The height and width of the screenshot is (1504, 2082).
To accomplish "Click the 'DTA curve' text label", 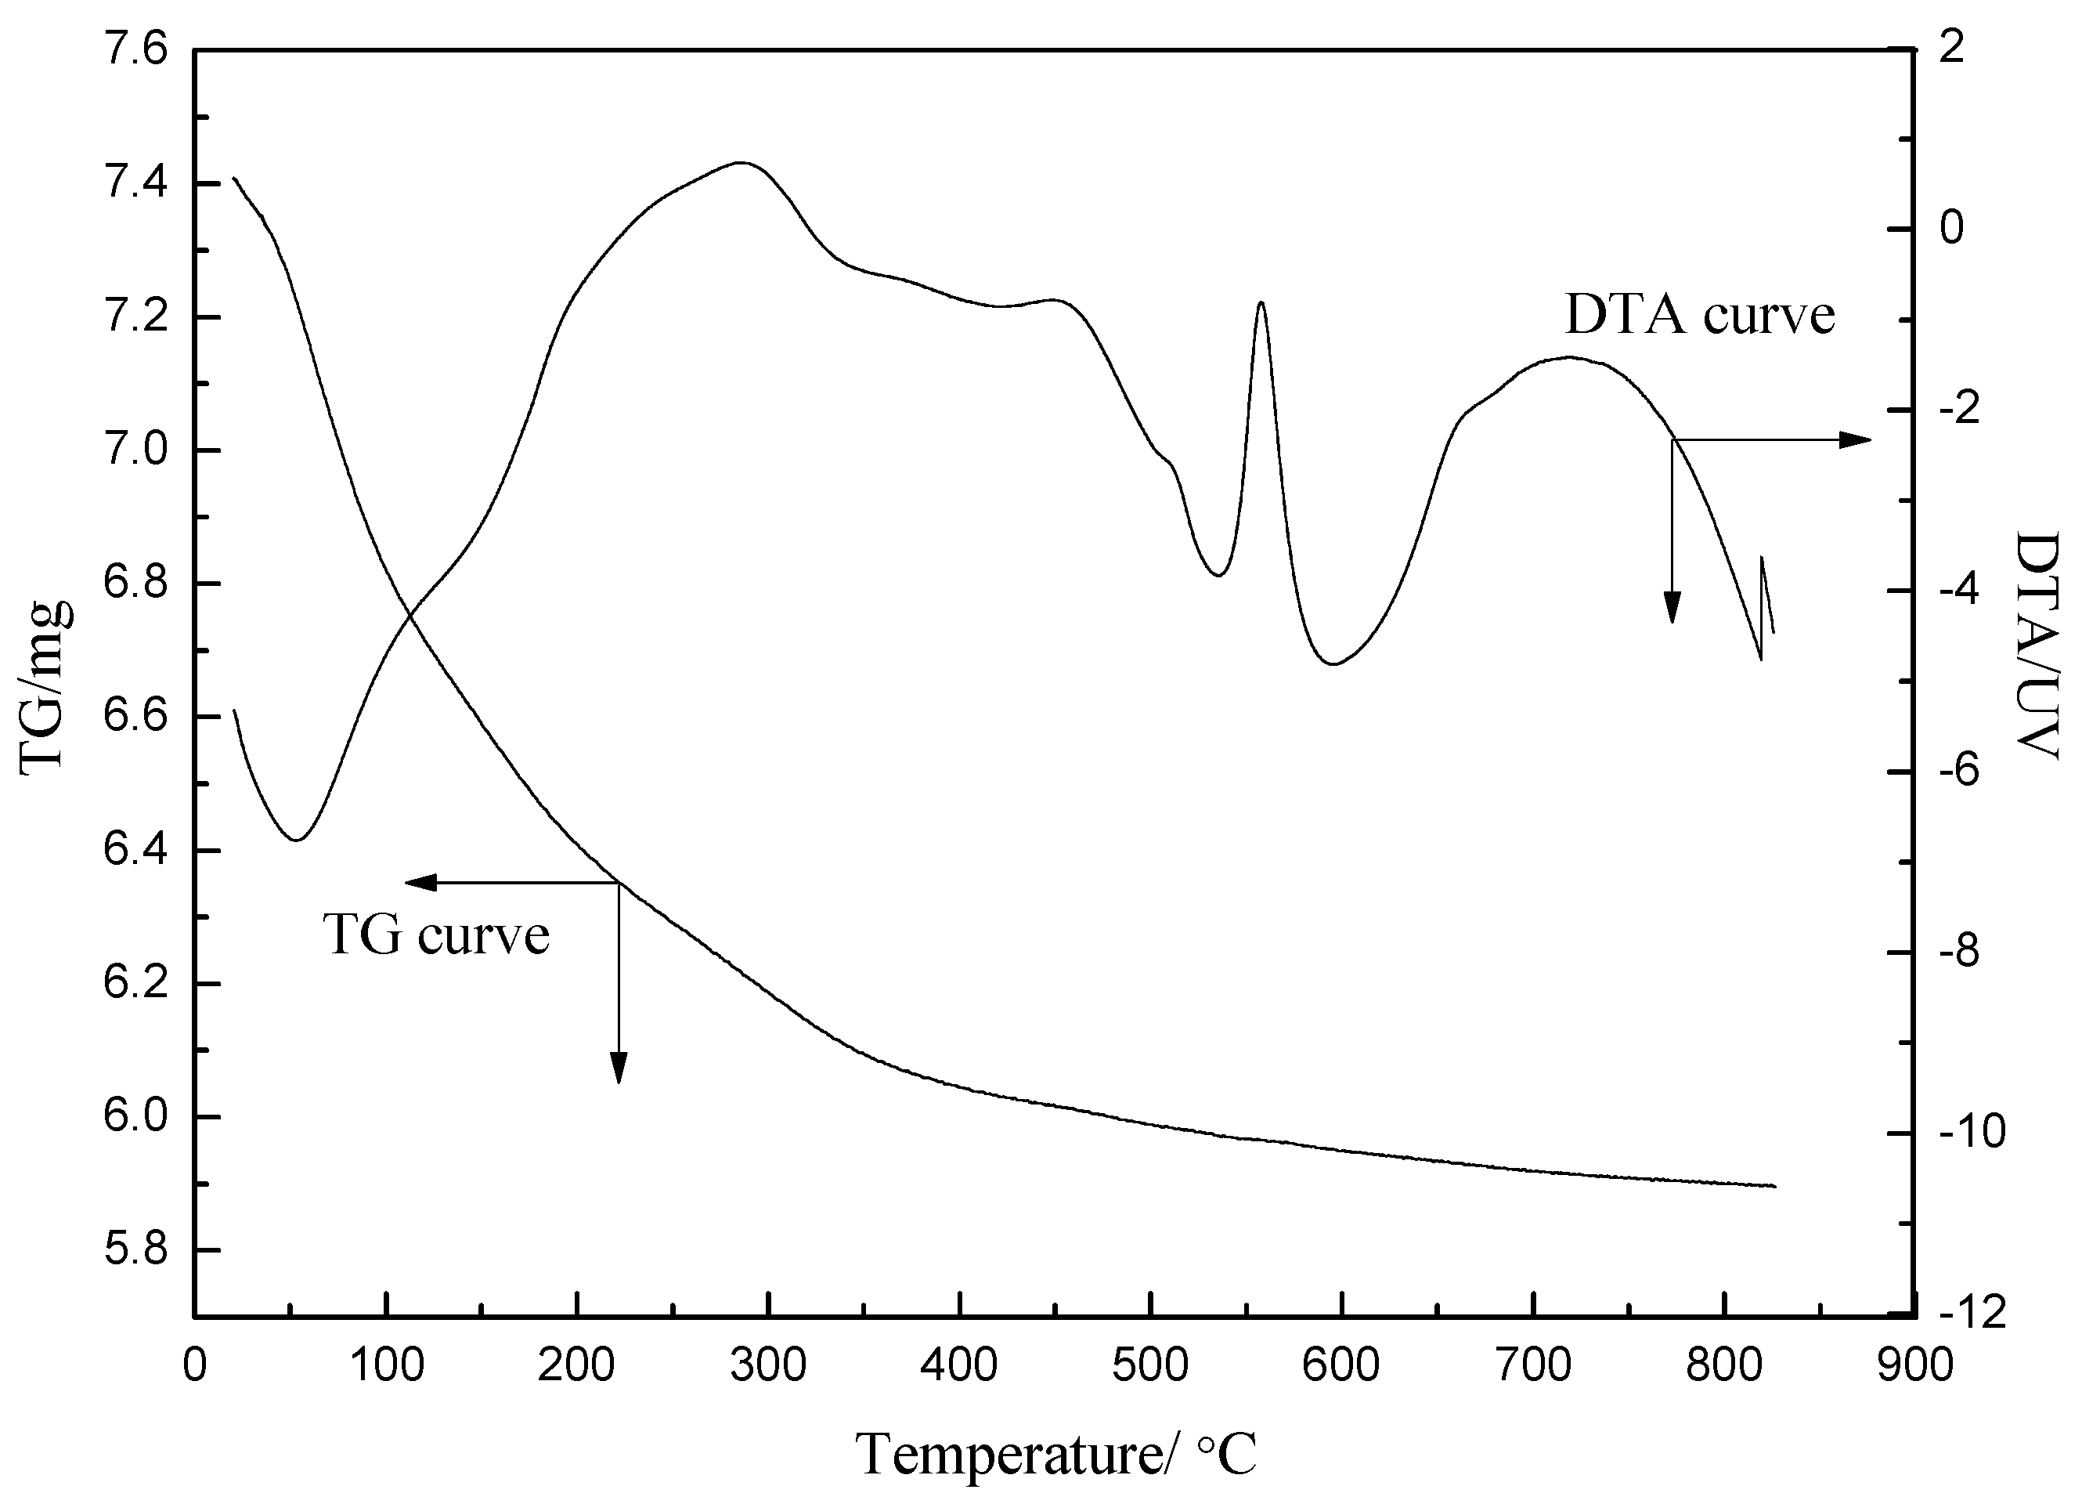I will pos(1699,315).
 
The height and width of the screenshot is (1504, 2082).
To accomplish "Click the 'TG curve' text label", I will pos(436,935).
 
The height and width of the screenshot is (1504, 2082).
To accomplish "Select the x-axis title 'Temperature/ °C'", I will pos(1055,1455).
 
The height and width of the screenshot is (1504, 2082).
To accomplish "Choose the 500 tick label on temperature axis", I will pos(1150,1366).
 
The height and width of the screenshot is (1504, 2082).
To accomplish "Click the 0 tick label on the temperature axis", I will pos(195,1366).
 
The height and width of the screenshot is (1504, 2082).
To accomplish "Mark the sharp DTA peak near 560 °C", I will pos(1261,302).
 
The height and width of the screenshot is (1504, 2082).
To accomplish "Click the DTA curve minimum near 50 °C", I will pos(296,839).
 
